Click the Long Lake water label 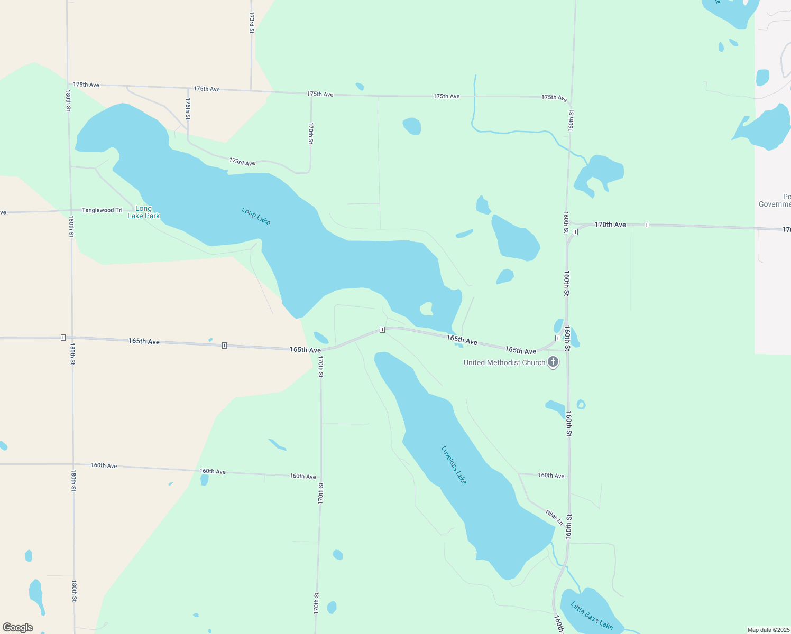tap(256, 216)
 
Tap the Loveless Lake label tap(454, 465)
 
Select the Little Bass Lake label tap(592, 616)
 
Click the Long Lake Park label tap(143, 212)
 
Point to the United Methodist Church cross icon tap(553, 362)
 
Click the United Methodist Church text tap(504, 362)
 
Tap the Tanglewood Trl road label tap(102, 210)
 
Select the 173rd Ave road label tap(242, 162)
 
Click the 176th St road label tap(188, 108)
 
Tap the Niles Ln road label tap(554, 517)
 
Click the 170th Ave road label tap(610, 225)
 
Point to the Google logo tap(18, 628)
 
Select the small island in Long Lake tap(426, 309)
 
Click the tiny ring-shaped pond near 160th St tap(581, 405)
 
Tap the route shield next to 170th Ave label tap(647, 225)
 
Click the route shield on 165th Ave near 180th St tap(63, 337)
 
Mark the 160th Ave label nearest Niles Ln tap(551, 475)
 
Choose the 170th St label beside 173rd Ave tap(311, 133)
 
